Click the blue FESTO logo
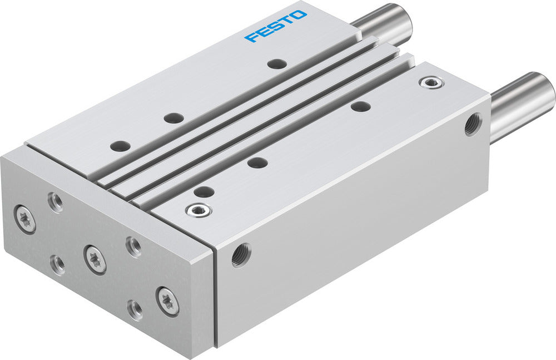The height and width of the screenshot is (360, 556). [276, 26]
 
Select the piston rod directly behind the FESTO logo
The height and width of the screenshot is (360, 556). [384, 24]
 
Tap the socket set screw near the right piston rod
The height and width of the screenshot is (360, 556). [429, 83]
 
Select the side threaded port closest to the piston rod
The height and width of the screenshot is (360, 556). [474, 124]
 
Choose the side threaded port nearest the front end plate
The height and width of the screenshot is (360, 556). [241, 254]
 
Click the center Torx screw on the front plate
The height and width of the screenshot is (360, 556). [95, 258]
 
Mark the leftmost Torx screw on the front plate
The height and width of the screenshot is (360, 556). [26, 218]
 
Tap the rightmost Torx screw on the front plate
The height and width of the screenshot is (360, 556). [167, 301]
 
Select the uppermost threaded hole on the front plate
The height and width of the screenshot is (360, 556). [55, 201]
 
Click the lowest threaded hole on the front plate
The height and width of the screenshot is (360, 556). [135, 309]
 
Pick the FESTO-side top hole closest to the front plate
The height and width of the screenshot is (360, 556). [120, 146]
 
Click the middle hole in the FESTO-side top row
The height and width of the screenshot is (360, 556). [174, 118]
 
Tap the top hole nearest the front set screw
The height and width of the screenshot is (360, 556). [204, 193]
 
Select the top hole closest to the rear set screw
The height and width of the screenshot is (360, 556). [360, 106]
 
